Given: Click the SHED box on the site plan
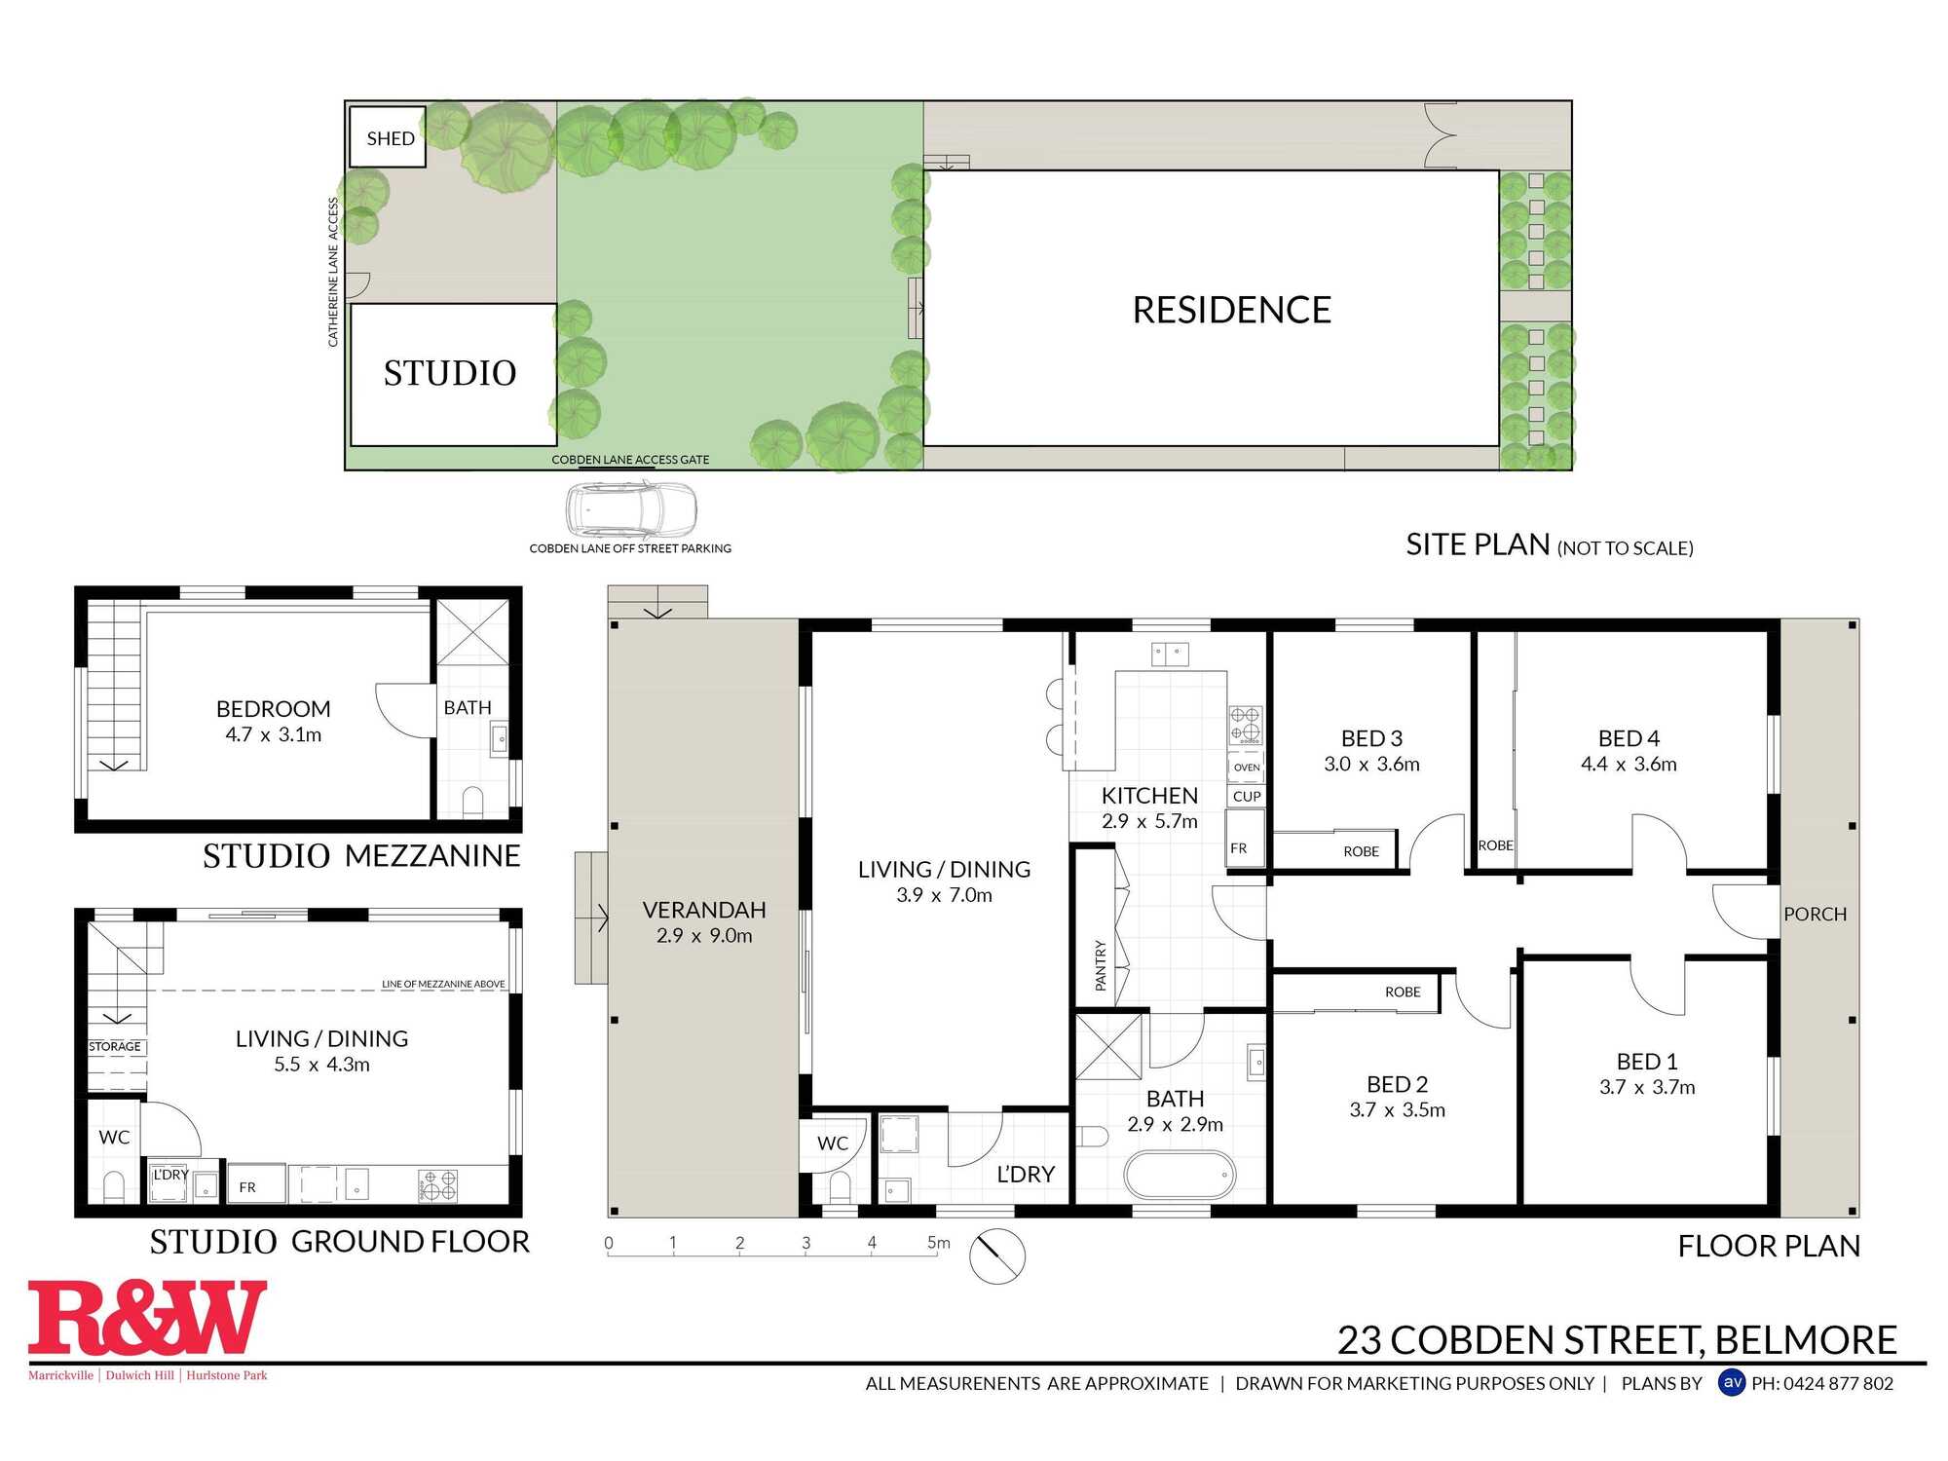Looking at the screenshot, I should pyautogui.click(x=389, y=137).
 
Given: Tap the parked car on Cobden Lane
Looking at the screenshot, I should pyautogui.click(x=631, y=509).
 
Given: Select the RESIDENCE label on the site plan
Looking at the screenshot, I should pyautogui.click(x=1231, y=310).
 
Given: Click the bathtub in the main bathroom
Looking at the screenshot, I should pyautogui.click(x=1180, y=1176).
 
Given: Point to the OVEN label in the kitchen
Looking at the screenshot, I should pyautogui.click(x=1247, y=768).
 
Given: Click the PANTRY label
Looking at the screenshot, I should pyautogui.click(x=1101, y=965).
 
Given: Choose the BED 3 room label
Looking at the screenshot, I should pyautogui.click(x=1371, y=738).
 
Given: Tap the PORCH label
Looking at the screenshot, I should pyautogui.click(x=1815, y=914).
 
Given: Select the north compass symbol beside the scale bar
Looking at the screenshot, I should pyautogui.click(x=997, y=1255).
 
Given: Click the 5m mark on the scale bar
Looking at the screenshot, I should pyautogui.click(x=937, y=1243).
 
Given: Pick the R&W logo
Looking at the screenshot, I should pyautogui.click(x=147, y=1319).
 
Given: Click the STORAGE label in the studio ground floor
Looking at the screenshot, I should pyautogui.click(x=115, y=1046).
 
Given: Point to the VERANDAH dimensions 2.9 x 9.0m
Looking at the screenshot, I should pyautogui.click(x=704, y=935).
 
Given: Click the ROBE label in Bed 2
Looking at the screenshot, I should pyautogui.click(x=1403, y=992).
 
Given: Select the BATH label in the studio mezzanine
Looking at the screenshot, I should pyautogui.click(x=468, y=708).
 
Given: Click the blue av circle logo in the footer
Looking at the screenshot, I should pyautogui.click(x=1732, y=1382).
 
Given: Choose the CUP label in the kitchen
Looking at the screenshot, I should pyautogui.click(x=1247, y=796).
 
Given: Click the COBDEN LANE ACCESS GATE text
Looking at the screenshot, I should pyautogui.click(x=630, y=460).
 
